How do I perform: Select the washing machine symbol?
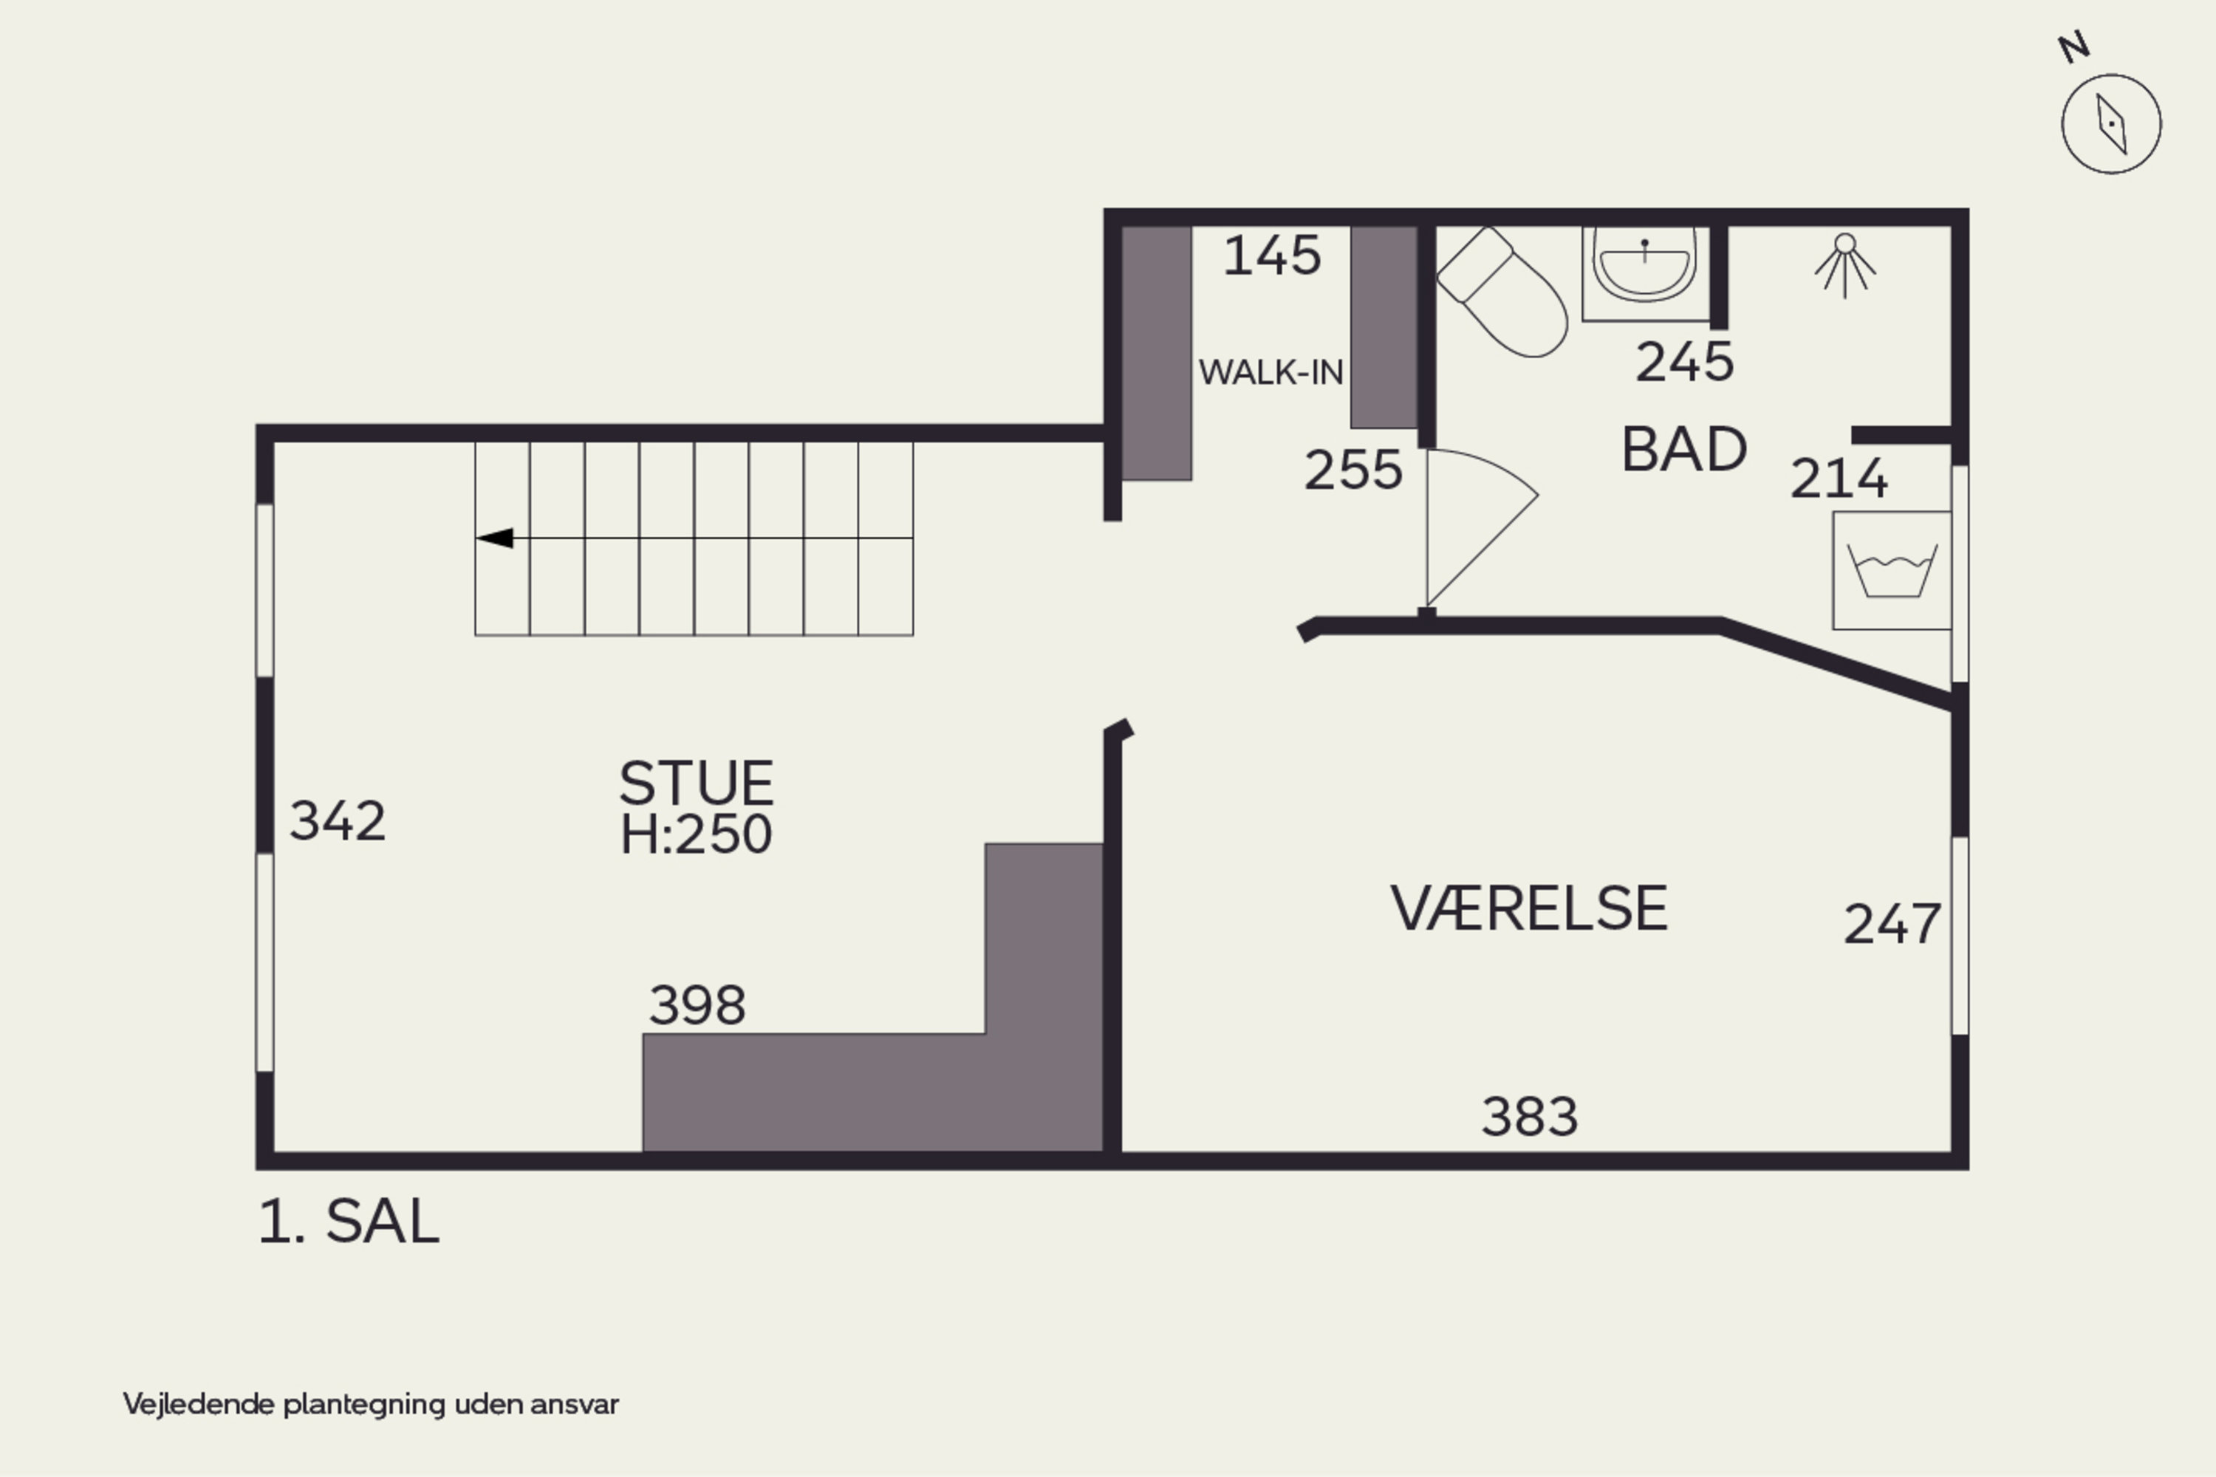coord(1891,571)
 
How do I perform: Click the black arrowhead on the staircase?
coord(496,538)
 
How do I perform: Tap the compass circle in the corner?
coord(2110,123)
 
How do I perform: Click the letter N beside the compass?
coord(2073,47)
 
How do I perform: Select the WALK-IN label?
coord(1270,373)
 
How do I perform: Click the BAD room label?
coord(1683,449)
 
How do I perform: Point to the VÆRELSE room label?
coord(1528,909)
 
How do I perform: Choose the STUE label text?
coord(697,783)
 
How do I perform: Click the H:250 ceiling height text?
coord(697,835)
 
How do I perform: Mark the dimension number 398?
coord(697,1005)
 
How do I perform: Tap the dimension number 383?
coord(1529,1117)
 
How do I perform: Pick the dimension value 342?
coord(338,820)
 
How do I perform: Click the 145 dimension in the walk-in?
coord(1272,256)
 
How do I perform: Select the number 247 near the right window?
coord(1891,924)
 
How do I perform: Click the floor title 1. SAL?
coord(349,1223)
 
